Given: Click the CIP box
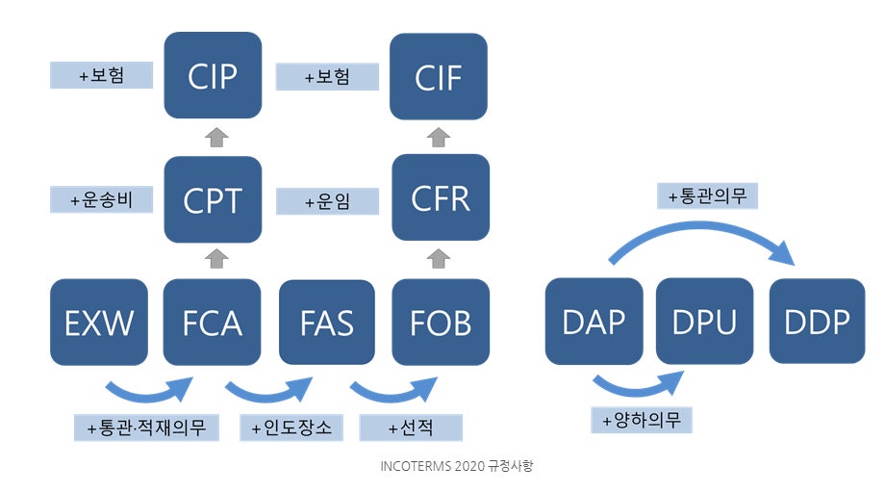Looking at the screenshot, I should [x=213, y=75].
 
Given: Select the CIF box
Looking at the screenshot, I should [x=439, y=75].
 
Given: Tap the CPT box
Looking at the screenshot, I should [x=213, y=199].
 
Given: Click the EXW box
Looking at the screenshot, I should [x=99, y=322].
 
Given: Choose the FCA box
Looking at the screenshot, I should [x=213, y=322].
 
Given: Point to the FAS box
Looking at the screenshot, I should [x=326, y=322].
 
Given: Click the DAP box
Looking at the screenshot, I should [x=594, y=322].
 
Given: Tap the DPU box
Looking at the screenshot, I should [x=705, y=322].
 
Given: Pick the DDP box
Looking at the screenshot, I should [x=817, y=322].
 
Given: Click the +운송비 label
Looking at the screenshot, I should [x=101, y=199].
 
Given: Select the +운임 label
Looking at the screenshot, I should [x=327, y=200].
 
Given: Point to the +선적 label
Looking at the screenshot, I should [x=411, y=427].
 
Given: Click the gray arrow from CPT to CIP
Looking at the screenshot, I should [x=215, y=137].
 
